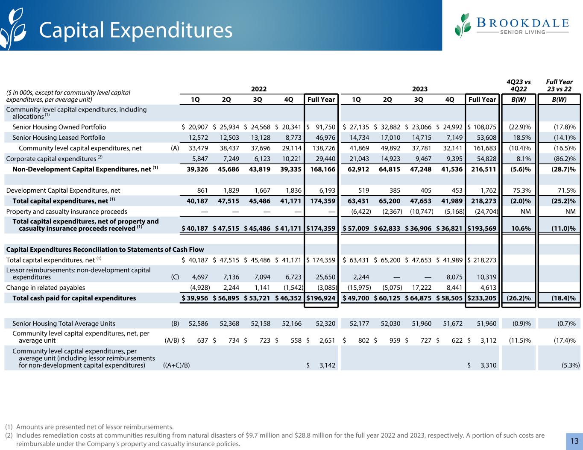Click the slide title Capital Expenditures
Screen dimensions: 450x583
(x=136, y=29)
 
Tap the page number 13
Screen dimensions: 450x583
(x=574, y=441)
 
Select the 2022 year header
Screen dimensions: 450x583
(x=258, y=88)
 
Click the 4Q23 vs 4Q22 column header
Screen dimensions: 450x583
(x=519, y=85)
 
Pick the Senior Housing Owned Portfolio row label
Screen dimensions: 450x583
(x=59, y=127)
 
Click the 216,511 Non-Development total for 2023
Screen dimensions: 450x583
(x=483, y=169)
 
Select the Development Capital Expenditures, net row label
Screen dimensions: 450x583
(x=63, y=191)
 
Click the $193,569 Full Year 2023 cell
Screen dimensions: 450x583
(x=482, y=228)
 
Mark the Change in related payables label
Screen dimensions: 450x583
(x=46, y=288)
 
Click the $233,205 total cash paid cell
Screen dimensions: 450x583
(x=482, y=298)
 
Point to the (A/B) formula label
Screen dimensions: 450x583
(x=172, y=341)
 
